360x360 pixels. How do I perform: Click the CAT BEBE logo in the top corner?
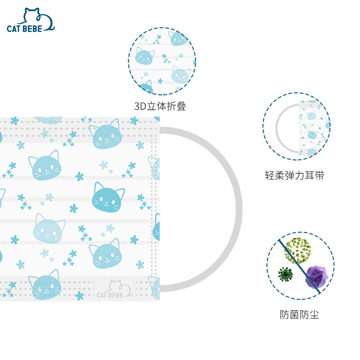point(30,20)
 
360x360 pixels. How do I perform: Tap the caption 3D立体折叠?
point(160,106)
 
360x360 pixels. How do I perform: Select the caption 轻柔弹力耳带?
point(294,175)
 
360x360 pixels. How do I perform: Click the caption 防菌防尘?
point(299,315)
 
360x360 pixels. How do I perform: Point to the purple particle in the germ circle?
point(316,277)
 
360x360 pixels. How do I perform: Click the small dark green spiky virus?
point(285,274)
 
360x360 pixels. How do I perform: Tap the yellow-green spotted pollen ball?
point(298,251)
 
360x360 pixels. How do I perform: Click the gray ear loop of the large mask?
point(239,209)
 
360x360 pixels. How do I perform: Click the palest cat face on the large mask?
point(49,229)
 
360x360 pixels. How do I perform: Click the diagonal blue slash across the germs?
point(299,266)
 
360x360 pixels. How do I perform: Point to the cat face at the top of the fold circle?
point(178,39)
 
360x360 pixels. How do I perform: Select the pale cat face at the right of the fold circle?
point(180,74)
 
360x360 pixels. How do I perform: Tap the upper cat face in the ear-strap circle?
point(311,115)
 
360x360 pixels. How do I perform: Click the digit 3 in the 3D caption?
point(137,107)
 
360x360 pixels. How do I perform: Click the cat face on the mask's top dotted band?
point(106,134)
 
